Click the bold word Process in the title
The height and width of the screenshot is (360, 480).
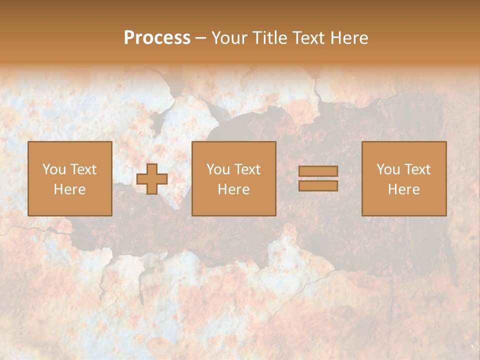point(157,38)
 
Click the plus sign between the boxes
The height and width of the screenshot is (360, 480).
point(152,179)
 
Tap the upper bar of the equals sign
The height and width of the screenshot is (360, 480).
point(318,171)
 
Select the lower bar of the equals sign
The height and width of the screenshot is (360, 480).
point(318,185)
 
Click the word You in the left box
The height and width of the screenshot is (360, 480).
point(54,169)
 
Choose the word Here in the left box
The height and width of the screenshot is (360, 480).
point(69,189)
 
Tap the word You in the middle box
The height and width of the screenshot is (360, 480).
point(218,169)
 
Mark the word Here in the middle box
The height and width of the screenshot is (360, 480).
point(233,189)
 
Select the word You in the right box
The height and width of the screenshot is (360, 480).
point(388,169)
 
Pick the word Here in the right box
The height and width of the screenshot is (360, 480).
point(403,189)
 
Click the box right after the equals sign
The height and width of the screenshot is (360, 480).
point(404,205)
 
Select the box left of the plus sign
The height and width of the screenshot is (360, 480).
point(69,205)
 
